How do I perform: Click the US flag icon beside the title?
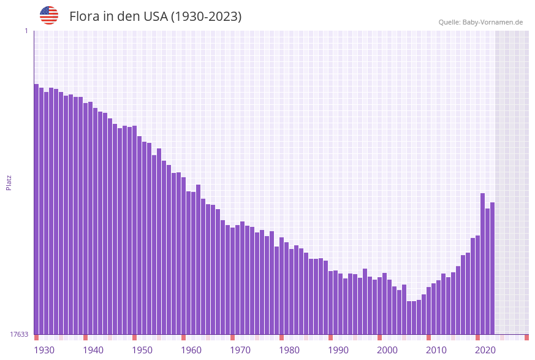pyautogui.click(x=49, y=15)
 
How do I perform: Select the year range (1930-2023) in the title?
pyautogui.click(x=205, y=17)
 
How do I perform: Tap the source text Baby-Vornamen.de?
pyautogui.click(x=492, y=22)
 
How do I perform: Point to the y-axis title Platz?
pyautogui.click(x=9, y=183)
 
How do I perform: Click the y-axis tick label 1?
pyautogui.click(x=26, y=31)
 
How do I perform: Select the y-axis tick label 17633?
pyautogui.click(x=19, y=334)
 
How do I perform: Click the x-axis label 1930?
pyautogui.click(x=44, y=350)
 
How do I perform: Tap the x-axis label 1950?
pyautogui.click(x=142, y=350)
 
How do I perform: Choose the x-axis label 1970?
pyautogui.click(x=240, y=350)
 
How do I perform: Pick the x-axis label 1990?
pyautogui.click(x=338, y=350)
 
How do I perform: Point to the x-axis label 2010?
pyautogui.click(x=436, y=350)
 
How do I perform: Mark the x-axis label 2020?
pyautogui.click(x=485, y=350)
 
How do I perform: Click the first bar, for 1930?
pyautogui.click(x=36, y=209)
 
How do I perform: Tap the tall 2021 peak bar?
pyautogui.click(x=482, y=264)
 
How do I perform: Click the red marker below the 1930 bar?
pyautogui.click(x=36, y=337)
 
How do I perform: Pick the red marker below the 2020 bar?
pyautogui.click(x=477, y=337)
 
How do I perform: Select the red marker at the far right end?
pyautogui.click(x=526, y=337)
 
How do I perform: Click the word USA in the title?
pyautogui.click(x=155, y=17)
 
